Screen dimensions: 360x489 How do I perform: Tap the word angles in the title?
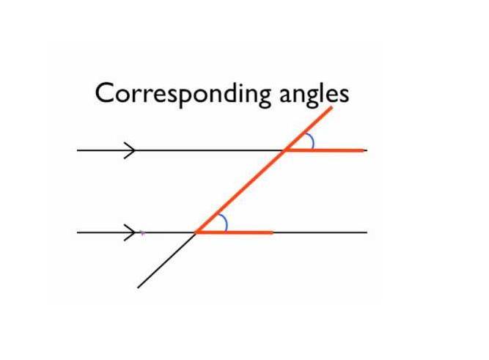pyautogui.click(x=312, y=95)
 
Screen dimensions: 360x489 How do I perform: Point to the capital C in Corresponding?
pyautogui.click(x=105, y=93)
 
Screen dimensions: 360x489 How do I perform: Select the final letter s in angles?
pyautogui.click(x=342, y=95)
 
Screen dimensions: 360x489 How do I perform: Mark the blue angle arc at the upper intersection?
pyautogui.click(x=312, y=141)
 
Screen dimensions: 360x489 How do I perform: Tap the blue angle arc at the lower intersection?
pyautogui.click(x=224, y=222)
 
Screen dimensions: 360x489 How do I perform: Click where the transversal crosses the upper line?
pyautogui.click(x=284, y=150)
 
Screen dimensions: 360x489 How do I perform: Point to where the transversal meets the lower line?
pyautogui.click(x=196, y=232)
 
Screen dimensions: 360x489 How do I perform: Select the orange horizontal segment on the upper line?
pyautogui.click(x=326, y=150)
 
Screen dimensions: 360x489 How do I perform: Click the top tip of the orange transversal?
pyautogui.click(x=331, y=108)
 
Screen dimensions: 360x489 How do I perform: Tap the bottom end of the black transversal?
pyautogui.click(x=139, y=287)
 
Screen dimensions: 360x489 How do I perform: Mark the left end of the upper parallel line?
pyautogui.click(x=78, y=150)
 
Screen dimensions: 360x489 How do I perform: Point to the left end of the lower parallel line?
pyautogui.click(x=78, y=232)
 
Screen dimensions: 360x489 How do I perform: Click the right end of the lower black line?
pyautogui.click(x=366, y=232)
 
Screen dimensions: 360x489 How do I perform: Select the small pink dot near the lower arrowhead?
pyautogui.click(x=142, y=234)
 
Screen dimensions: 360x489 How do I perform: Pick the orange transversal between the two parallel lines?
pyautogui.click(x=240, y=191)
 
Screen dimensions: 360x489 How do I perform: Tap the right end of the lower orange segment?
pyautogui.click(x=273, y=232)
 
